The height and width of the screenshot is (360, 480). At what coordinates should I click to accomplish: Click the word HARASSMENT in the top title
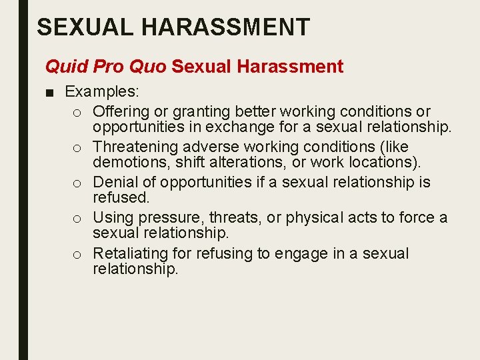[x=227, y=27]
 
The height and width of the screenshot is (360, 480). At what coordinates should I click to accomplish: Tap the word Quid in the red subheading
[x=61, y=67]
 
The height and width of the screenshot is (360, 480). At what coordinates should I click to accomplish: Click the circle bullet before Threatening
[x=78, y=147]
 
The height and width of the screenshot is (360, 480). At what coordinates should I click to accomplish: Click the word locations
[x=385, y=162]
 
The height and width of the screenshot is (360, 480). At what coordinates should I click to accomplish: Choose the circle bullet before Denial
[x=78, y=183]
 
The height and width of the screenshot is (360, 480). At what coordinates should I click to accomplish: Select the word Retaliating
[x=126, y=253]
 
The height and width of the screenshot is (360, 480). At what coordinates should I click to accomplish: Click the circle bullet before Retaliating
[x=78, y=254]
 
